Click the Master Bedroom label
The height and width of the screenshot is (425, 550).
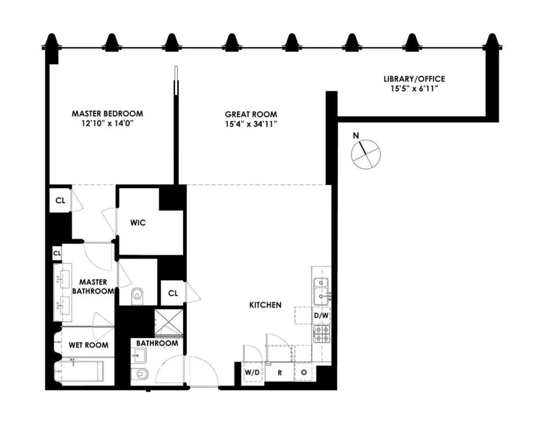107,113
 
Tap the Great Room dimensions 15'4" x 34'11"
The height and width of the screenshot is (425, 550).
251,124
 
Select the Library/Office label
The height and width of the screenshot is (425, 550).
414,79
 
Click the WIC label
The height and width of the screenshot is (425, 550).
138,223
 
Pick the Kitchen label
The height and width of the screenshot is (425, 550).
265,305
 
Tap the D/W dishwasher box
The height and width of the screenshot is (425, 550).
321,315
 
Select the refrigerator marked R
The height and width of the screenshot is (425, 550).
280,372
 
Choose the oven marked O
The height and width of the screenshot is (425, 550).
303,372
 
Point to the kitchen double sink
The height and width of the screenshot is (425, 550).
322,291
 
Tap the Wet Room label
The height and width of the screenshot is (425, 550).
88,345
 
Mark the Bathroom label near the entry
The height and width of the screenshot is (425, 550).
157,343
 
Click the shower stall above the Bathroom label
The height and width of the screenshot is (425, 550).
168,323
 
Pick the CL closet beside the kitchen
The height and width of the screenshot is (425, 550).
173,293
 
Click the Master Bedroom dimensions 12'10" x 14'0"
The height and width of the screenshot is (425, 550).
107,123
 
